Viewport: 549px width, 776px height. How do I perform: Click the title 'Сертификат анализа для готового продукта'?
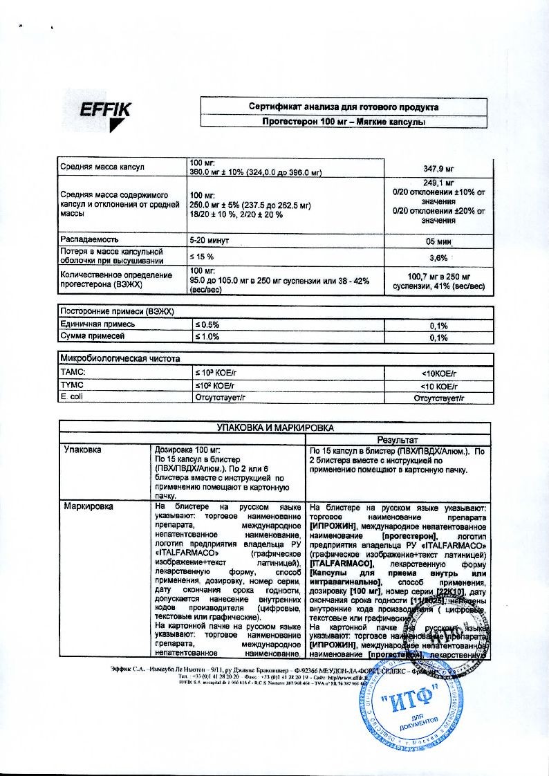point(343,107)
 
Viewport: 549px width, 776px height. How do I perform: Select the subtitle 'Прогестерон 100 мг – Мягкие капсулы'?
point(343,121)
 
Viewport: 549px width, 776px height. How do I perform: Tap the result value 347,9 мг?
point(438,168)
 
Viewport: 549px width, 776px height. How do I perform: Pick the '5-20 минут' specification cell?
point(210,241)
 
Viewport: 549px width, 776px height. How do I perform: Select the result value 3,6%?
point(438,257)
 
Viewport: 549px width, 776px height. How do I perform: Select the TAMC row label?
point(73,373)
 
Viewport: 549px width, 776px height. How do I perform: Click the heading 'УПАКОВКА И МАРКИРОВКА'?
point(275,428)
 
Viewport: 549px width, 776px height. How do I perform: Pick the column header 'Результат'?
point(397,440)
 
